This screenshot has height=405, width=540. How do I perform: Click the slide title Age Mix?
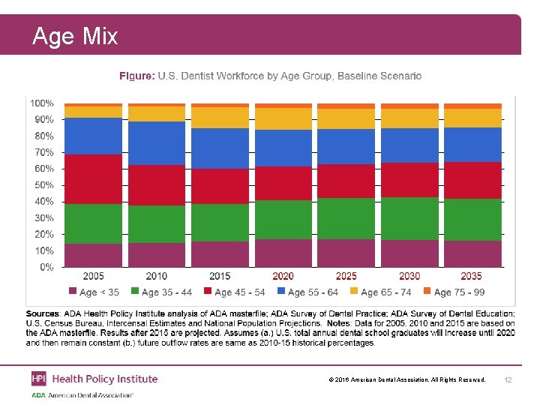[75, 36]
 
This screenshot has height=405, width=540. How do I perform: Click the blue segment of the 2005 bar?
[93, 136]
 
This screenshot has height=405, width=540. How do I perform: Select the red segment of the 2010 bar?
[157, 185]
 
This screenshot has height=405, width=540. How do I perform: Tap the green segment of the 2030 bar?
[409, 218]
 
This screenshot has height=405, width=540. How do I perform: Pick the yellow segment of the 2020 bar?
[283, 118]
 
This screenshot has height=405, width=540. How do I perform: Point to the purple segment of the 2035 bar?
[472, 253]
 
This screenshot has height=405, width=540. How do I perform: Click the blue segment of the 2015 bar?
[220, 148]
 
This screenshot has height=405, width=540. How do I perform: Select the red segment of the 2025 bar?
[346, 181]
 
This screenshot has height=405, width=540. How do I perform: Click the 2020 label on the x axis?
[283, 277]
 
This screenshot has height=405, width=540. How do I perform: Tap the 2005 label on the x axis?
[93, 277]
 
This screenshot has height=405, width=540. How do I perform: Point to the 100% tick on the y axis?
[41, 103]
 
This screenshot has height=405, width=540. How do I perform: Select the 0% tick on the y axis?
[46, 267]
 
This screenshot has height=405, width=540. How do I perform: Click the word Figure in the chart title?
[137, 76]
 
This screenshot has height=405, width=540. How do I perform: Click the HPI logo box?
[38, 379]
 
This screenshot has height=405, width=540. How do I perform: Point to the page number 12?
[508, 379]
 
